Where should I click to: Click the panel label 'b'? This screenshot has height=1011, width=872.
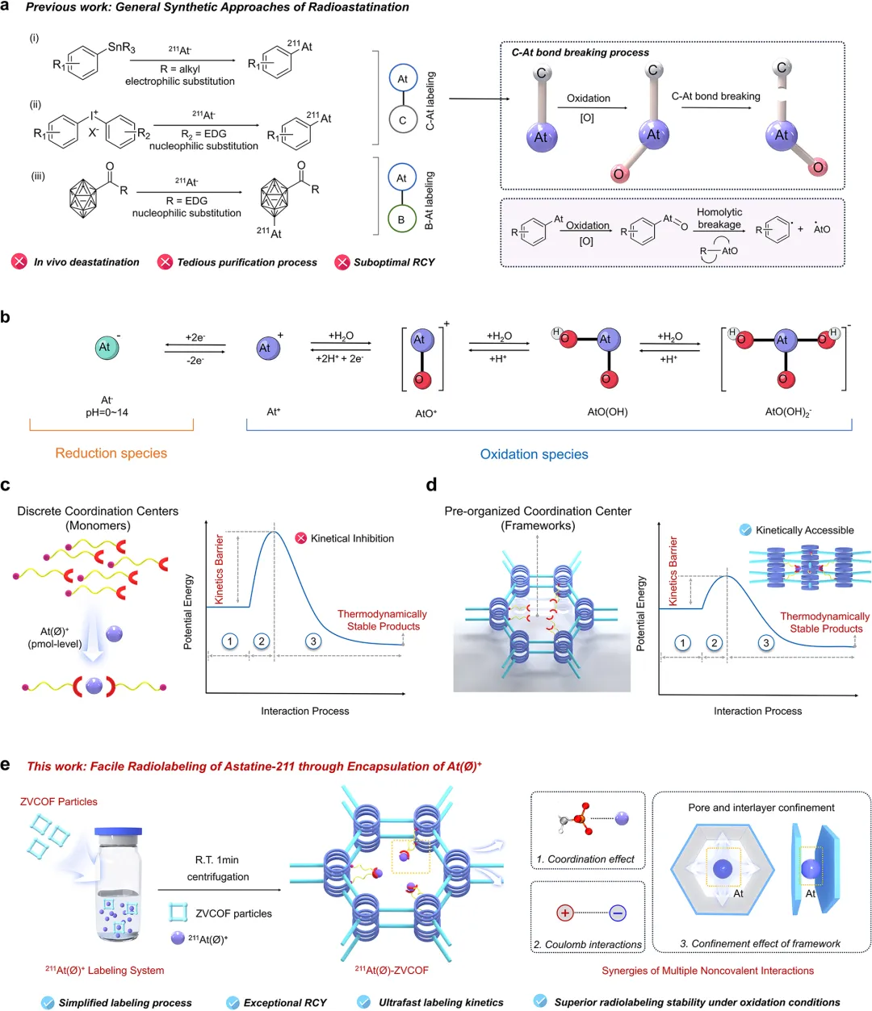tap(6, 317)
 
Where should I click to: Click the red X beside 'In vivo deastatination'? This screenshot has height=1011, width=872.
tap(19, 261)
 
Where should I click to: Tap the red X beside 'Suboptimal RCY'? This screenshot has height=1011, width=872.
tap(342, 261)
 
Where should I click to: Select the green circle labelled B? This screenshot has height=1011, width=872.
tap(401, 219)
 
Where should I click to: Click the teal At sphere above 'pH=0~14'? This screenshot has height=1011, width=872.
tap(104, 348)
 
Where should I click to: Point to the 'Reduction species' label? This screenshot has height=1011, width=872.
tap(111, 453)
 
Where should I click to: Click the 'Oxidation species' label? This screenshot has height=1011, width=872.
tap(534, 454)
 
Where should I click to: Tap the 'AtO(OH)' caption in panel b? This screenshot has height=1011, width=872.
tap(607, 412)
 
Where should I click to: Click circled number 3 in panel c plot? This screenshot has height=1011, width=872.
tap(313, 641)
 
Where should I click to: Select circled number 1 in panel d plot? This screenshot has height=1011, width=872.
tap(683, 643)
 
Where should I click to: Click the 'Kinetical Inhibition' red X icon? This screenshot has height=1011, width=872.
tap(301, 538)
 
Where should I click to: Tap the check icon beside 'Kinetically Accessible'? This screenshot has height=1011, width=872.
tap(746, 530)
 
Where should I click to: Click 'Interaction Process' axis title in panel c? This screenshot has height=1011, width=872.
tap(304, 711)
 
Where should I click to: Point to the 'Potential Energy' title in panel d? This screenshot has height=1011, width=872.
tap(642, 613)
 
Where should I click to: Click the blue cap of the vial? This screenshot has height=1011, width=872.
tap(118, 832)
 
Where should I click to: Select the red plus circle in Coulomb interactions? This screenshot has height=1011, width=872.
tap(565, 913)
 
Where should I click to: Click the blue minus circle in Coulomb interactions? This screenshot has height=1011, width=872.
tap(618, 913)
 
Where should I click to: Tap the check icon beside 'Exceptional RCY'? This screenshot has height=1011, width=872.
tap(233, 1002)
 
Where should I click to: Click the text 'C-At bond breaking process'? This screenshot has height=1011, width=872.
tap(580, 52)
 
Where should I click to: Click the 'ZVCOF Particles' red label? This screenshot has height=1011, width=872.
tap(58, 802)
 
